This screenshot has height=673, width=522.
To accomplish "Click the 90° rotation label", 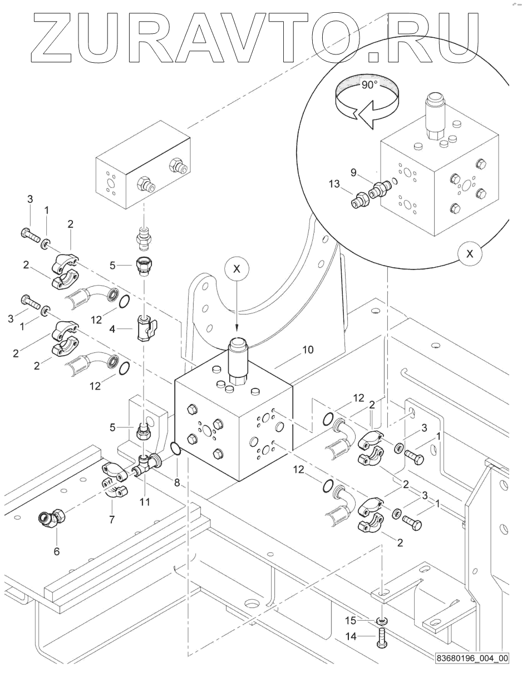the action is [x=369, y=84].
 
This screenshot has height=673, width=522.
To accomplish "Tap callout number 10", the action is [x=308, y=350].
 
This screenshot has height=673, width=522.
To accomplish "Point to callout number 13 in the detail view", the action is [x=334, y=184].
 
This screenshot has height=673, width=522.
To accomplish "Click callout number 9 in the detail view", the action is [x=353, y=172].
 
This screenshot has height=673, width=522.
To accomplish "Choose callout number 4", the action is [x=112, y=329].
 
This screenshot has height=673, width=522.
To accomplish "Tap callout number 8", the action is [x=177, y=482].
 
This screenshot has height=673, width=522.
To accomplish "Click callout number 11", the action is [x=145, y=502].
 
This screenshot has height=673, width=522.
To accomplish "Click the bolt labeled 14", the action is [x=382, y=636].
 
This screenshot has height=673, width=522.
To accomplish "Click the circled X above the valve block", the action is [x=237, y=269].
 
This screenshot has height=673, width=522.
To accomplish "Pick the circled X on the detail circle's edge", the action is [x=470, y=253].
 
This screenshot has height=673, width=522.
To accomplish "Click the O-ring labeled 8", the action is [x=175, y=450].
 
